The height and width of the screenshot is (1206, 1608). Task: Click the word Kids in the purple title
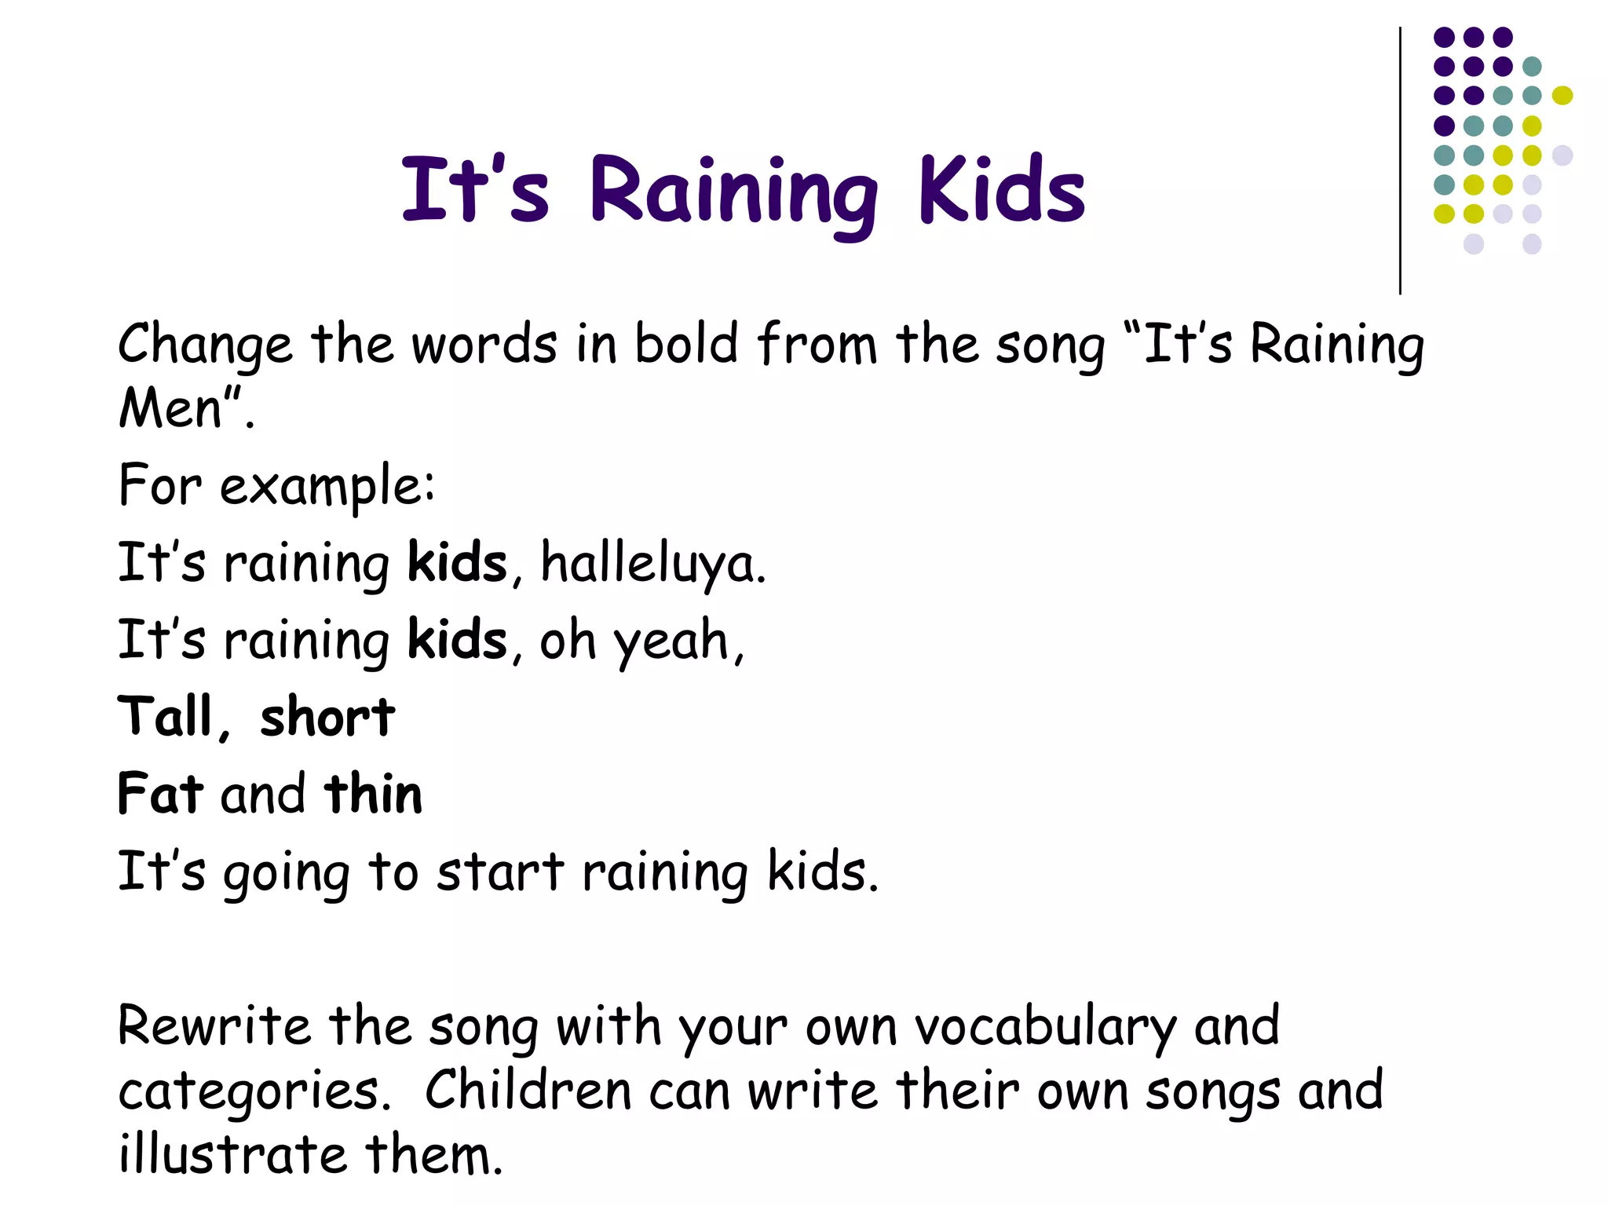(x=1002, y=190)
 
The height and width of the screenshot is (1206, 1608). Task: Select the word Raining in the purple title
(x=733, y=193)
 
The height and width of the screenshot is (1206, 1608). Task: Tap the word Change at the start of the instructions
(x=205, y=345)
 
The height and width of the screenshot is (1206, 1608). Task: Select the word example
(x=327, y=487)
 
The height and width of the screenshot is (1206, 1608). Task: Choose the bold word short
(x=327, y=717)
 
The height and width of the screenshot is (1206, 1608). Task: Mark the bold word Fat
(x=160, y=793)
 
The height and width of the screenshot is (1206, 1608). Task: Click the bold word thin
(x=373, y=793)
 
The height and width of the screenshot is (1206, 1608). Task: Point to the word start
(x=500, y=872)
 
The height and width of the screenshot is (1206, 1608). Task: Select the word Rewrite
(x=214, y=1026)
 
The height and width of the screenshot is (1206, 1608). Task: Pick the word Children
(x=528, y=1091)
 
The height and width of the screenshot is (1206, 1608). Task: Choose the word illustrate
(x=232, y=1155)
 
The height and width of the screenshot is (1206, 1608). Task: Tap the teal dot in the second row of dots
(x=1532, y=66)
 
